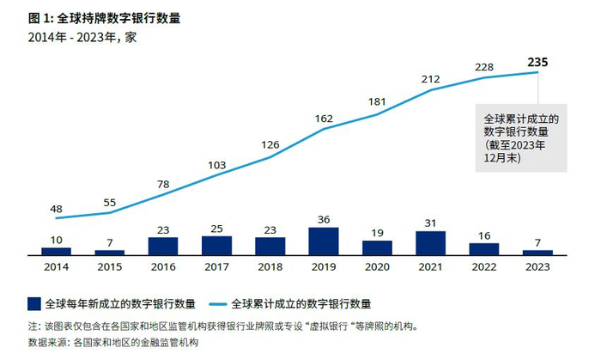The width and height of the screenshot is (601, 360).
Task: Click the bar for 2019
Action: [x=324, y=241]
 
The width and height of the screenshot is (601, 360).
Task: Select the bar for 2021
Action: [x=431, y=242]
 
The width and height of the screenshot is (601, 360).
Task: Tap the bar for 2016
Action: [x=163, y=246]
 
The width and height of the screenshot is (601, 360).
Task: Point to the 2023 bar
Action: [x=537, y=252]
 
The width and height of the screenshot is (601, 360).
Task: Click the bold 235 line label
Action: [x=537, y=62]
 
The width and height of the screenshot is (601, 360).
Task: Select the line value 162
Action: [x=324, y=118]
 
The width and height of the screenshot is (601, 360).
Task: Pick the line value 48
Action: [x=56, y=208]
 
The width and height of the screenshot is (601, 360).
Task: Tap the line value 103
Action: [x=216, y=165]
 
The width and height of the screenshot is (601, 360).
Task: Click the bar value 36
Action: [x=324, y=218]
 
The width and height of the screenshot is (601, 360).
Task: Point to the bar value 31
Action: [x=431, y=223]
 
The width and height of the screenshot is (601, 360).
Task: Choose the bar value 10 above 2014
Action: [x=56, y=239]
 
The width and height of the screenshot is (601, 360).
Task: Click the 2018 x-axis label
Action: [x=270, y=267]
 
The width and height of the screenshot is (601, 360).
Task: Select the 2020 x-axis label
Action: [x=377, y=267]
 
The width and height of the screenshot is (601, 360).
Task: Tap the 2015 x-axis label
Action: [x=109, y=267]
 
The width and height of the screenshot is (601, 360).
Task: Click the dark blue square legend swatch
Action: [x=34, y=303]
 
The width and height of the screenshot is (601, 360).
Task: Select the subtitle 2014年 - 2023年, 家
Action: [x=82, y=36]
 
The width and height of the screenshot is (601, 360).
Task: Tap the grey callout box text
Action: [x=521, y=137]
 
